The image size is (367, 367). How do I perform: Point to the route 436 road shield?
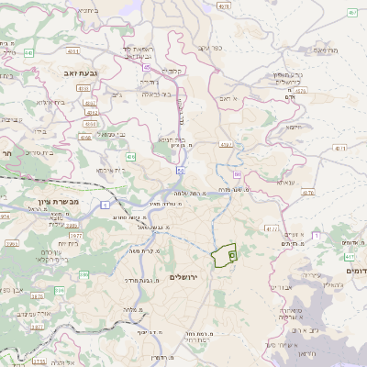point(131,157)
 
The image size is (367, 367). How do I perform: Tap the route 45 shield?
point(148,66)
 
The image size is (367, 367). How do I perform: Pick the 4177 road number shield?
point(272,228)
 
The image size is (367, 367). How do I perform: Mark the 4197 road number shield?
point(225,144)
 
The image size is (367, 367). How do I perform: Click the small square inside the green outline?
point(231,256)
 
